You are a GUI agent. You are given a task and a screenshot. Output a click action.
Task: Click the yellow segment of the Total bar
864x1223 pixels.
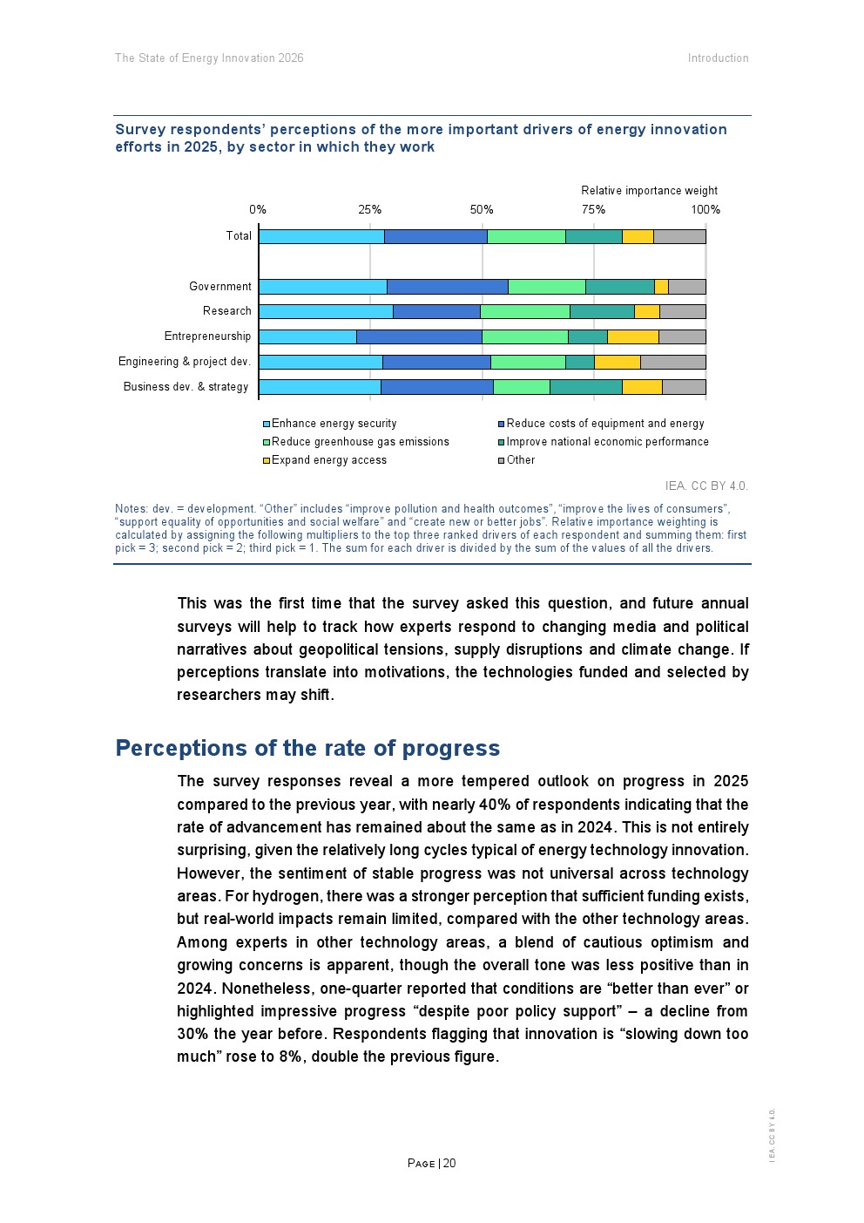638,236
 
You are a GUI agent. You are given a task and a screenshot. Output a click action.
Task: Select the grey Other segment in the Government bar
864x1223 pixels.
686,287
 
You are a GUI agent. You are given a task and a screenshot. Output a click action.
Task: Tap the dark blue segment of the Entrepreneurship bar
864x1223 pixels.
419,336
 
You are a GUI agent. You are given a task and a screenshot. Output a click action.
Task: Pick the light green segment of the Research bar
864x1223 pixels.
524,311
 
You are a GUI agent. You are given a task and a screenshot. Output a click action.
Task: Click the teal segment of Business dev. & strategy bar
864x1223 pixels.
585,387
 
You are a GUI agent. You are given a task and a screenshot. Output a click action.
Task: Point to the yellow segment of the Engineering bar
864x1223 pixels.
617,362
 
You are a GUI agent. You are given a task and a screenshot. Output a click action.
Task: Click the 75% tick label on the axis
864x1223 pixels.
593,210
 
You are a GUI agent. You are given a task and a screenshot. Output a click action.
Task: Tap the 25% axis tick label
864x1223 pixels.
369,210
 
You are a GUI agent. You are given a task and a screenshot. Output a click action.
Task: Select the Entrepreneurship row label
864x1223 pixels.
207,336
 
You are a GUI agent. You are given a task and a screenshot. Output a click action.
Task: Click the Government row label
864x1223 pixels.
219,287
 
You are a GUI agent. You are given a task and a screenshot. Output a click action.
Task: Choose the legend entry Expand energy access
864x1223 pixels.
328,460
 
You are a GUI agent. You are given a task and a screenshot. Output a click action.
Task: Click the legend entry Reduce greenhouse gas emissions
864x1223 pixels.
360,442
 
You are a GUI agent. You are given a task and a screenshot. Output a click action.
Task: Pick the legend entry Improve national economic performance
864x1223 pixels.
607,442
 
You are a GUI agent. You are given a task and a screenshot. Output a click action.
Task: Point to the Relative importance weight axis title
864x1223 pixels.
649,191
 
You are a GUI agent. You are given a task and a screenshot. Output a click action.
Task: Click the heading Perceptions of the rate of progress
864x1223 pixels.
307,749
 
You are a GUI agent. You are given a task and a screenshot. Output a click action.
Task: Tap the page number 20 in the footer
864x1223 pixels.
449,1164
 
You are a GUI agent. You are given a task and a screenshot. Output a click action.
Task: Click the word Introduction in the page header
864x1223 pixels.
718,58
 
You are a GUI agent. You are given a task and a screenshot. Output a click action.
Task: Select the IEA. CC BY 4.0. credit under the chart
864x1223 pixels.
705,486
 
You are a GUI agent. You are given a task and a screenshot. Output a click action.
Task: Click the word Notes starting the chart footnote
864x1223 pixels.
131,509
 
